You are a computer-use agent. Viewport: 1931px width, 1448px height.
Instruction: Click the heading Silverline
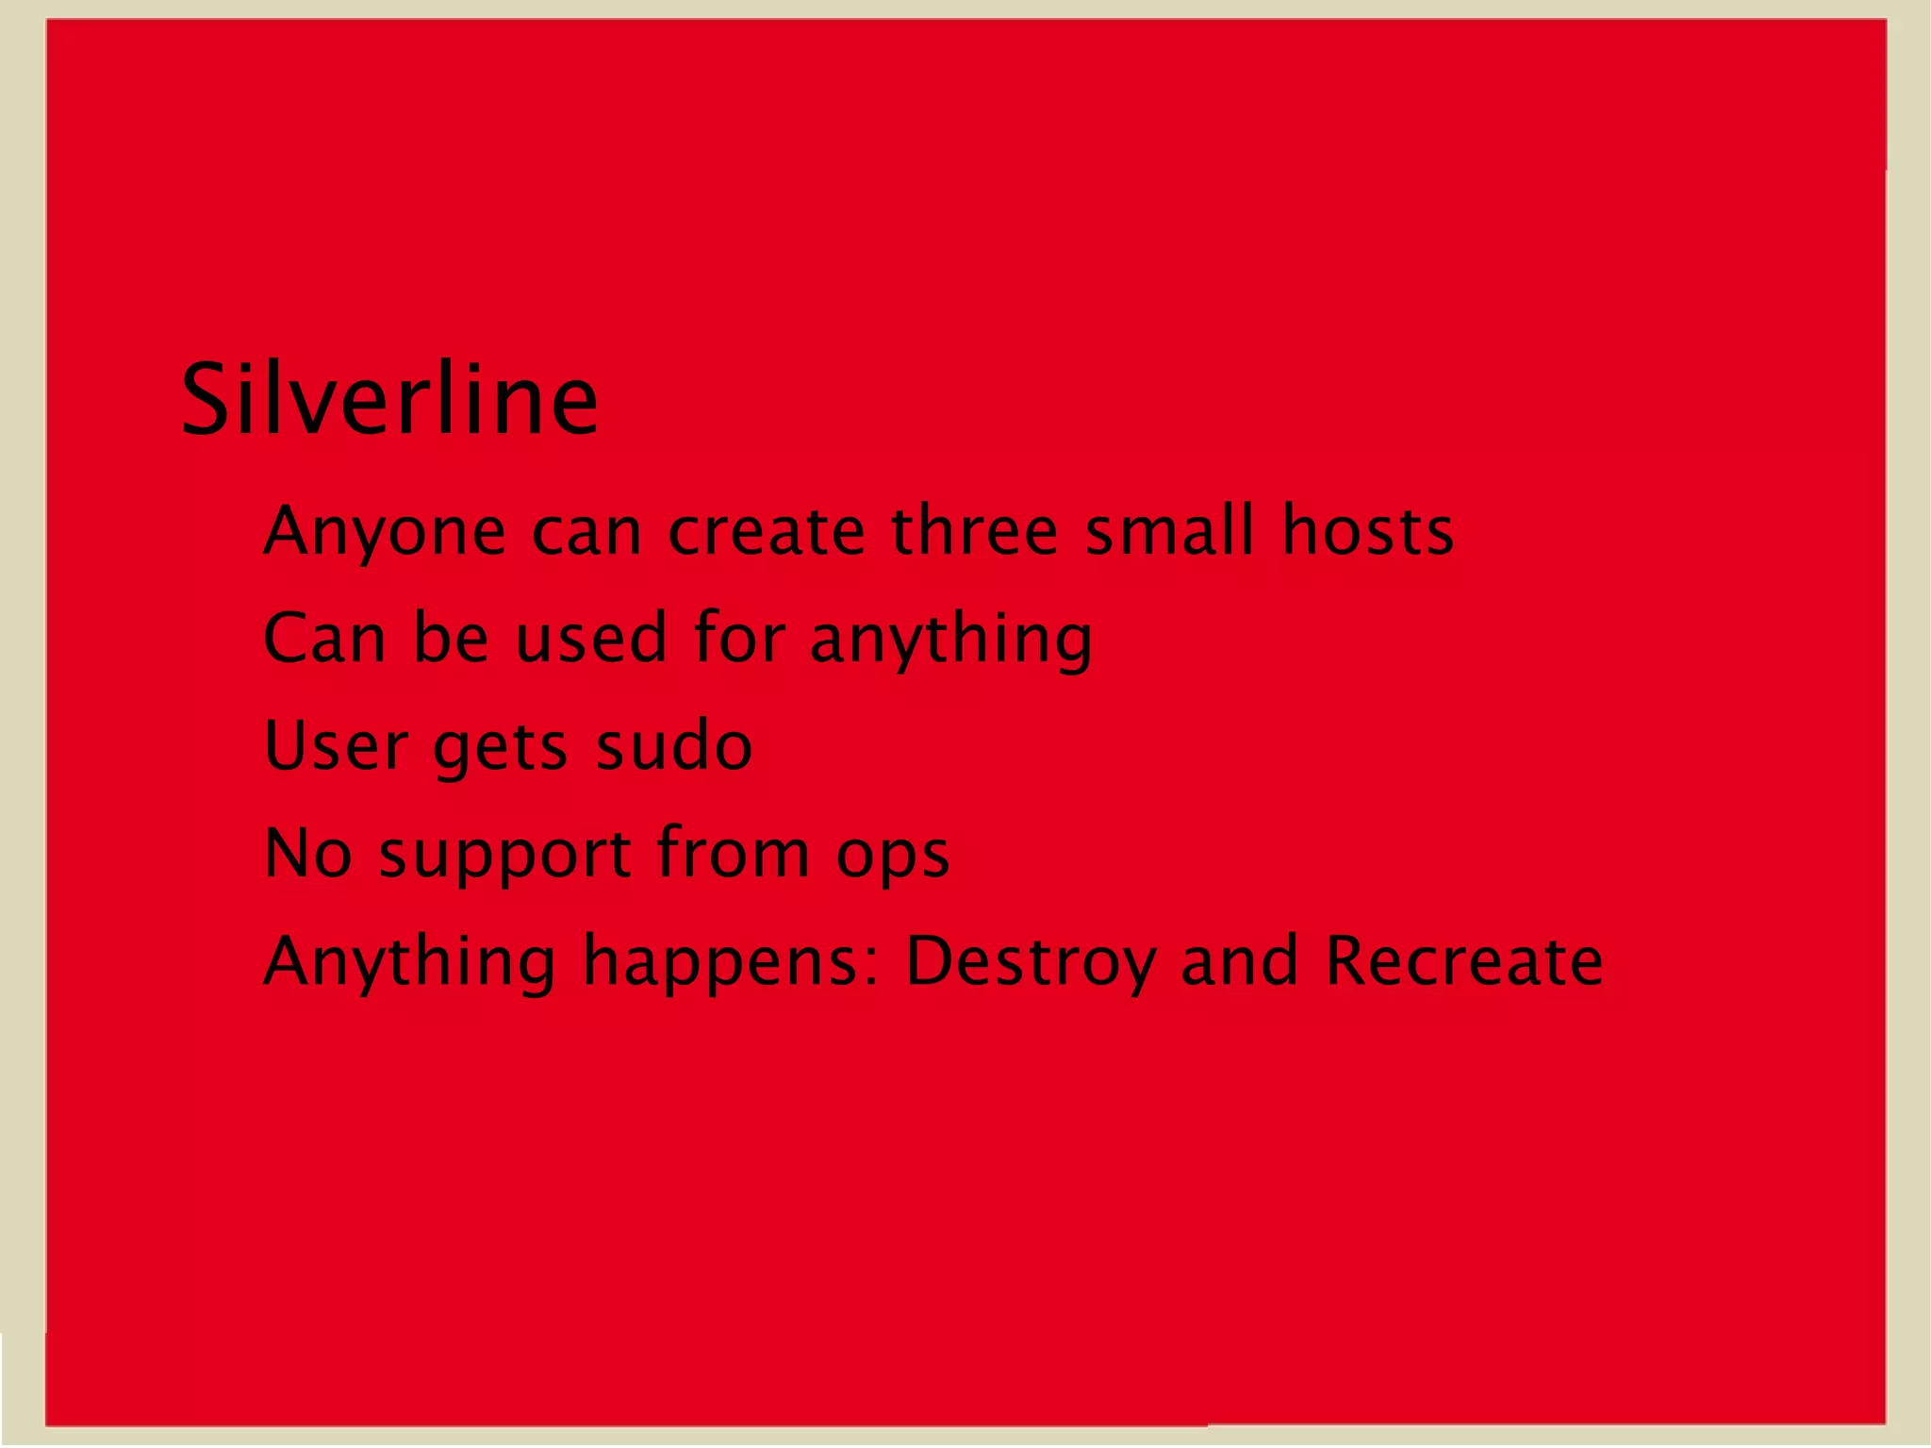(x=389, y=400)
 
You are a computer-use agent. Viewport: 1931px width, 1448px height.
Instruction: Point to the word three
(x=975, y=531)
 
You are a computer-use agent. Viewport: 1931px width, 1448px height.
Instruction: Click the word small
(x=1170, y=531)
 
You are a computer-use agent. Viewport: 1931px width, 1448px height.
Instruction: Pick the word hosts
(x=1367, y=531)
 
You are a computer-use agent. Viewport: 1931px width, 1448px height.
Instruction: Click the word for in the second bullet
(x=739, y=638)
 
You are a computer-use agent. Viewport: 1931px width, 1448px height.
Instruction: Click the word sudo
(x=674, y=745)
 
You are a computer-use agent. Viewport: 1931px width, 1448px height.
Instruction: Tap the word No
(x=308, y=853)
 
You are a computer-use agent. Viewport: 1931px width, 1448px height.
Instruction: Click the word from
(x=733, y=853)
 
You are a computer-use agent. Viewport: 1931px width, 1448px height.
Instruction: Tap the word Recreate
(x=1463, y=960)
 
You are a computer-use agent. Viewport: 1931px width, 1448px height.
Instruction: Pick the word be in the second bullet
(x=451, y=638)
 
